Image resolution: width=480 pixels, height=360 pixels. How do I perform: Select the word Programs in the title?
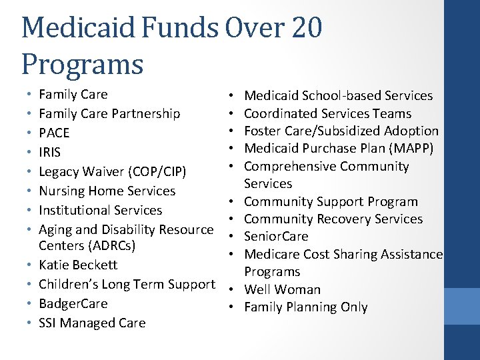pyautogui.click(x=82, y=65)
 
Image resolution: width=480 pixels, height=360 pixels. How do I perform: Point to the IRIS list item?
pyautogui.click(x=50, y=152)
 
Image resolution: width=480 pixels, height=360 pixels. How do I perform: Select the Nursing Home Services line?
pyautogui.click(x=107, y=191)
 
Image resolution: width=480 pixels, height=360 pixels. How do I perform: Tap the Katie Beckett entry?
pyautogui.click(x=78, y=265)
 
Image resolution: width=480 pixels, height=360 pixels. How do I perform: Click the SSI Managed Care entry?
pyautogui.click(x=92, y=323)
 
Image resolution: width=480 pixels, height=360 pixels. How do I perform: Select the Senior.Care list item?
pyautogui.click(x=276, y=236)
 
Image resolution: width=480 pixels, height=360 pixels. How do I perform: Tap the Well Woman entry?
pyautogui.click(x=282, y=289)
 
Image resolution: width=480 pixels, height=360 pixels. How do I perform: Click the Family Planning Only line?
pyautogui.click(x=306, y=307)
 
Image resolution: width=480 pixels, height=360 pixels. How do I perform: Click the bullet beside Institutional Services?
pyautogui.click(x=25, y=210)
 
